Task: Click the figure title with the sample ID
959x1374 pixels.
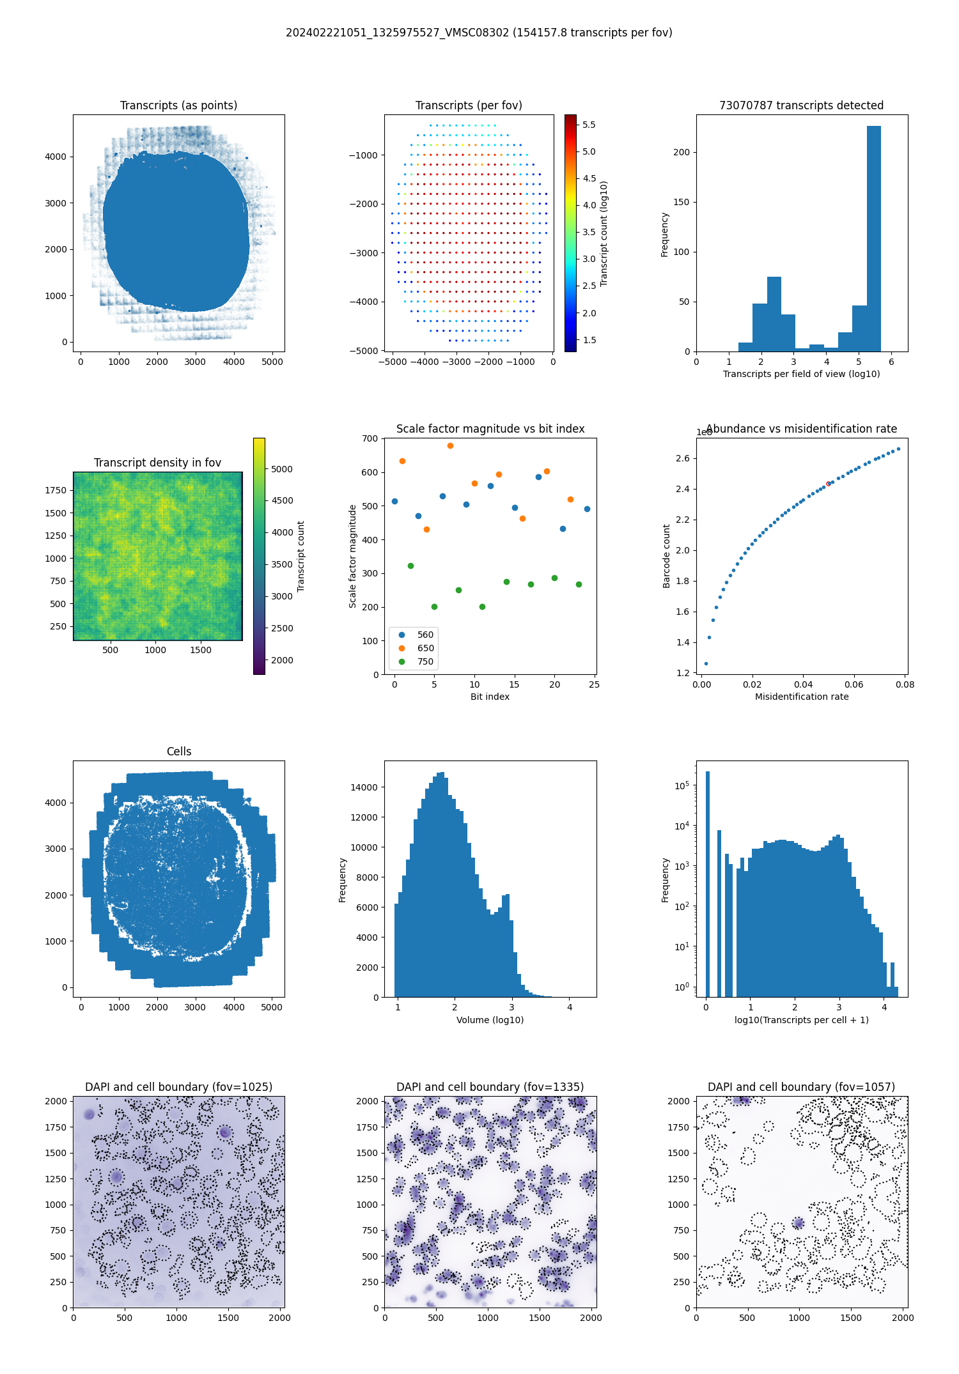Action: pos(479,33)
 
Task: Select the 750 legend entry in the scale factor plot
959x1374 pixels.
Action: pos(425,661)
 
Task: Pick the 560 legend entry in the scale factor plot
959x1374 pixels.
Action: pos(425,635)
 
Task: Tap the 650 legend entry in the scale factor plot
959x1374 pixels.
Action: pos(425,648)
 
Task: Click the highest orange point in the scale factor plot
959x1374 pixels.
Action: pos(450,445)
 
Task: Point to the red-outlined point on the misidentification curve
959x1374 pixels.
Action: pos(829,484)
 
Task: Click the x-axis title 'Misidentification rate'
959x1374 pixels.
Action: pos(802,697)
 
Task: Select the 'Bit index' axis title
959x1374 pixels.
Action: pos(490,697)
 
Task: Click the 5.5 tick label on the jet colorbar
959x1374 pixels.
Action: pos(589,125)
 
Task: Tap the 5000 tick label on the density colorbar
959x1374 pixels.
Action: pos(281,469)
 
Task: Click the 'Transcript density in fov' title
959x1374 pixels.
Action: pos(157,463)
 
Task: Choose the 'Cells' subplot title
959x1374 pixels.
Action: pos(179,752)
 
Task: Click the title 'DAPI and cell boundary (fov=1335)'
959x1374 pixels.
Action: pos(490,1087)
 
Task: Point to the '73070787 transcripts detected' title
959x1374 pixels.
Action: pos(801,105)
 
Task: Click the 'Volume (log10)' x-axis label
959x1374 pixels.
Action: pos(490,1020)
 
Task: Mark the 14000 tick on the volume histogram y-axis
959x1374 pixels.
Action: pos(364,787)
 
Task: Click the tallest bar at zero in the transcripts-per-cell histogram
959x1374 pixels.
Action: pos(707,882)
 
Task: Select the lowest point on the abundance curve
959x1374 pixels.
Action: pos(706,663)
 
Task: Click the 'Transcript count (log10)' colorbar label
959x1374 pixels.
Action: pos(604,233)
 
